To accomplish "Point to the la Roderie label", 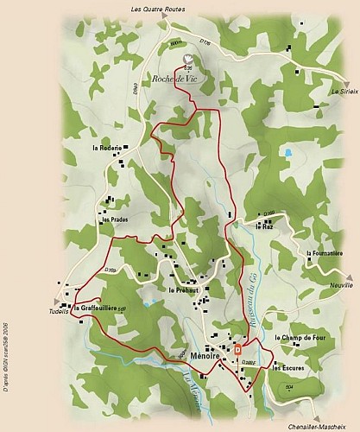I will pos(107,148).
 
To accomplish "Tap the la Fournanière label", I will pos(325,253).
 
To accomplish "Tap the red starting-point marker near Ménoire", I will pos(237,349).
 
